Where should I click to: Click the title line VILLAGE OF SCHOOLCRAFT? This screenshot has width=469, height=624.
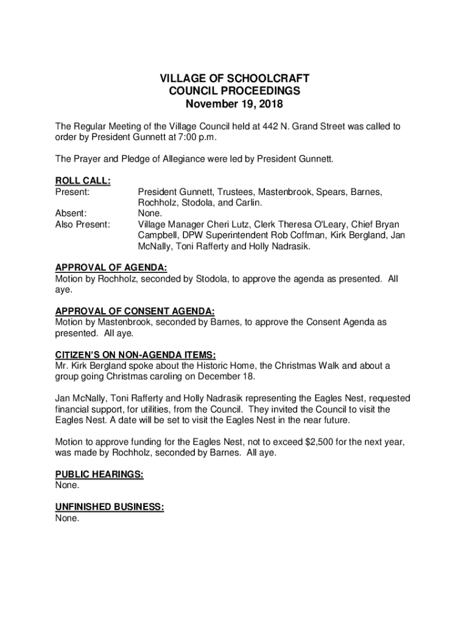pos(234,79)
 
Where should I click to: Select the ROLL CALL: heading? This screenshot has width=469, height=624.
pos(83,181)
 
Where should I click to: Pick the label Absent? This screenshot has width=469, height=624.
pos(71,214)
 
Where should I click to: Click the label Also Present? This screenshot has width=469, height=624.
pos(83,225)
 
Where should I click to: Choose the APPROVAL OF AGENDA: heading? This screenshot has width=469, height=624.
pos(111,268)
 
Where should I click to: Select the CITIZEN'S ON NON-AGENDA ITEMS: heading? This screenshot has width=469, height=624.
pos(136,355)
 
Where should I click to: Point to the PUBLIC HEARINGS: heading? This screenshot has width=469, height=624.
pos(99,475)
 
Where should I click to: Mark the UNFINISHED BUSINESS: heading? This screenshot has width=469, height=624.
pos(110,507)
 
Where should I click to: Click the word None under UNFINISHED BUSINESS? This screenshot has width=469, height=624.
pos(67,518)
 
